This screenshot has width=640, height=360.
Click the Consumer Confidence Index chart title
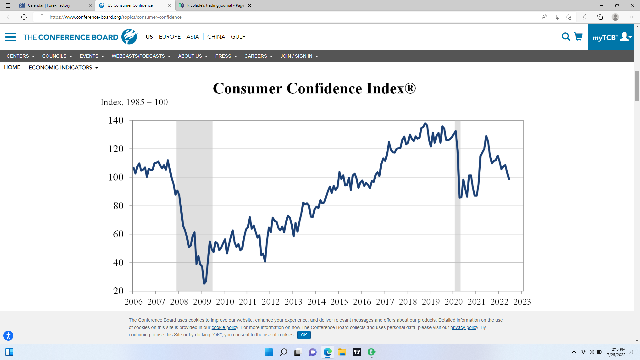[314, 89]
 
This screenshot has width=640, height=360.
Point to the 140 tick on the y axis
[116, 120]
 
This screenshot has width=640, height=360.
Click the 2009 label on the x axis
[202, 302]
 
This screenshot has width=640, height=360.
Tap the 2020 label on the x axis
[453, 302]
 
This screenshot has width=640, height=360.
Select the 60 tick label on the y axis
[118, 234]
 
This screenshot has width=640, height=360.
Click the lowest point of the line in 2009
[204, 283]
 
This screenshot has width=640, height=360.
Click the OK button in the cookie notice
[304, 335]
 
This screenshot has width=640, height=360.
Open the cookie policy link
[225, 328]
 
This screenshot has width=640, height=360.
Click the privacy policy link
[464, 328]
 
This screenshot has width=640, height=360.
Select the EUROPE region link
[170, 37]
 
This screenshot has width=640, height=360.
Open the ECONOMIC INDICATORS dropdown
[63, 67]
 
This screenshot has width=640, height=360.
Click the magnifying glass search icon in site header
[566, 37]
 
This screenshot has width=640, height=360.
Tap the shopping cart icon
[578, 37]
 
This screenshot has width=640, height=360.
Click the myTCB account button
[611, 37]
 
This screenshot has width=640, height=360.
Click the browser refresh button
[24, 17]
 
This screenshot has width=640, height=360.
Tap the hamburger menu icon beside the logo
[10, 37]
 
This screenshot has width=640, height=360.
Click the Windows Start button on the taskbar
[269, 352]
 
